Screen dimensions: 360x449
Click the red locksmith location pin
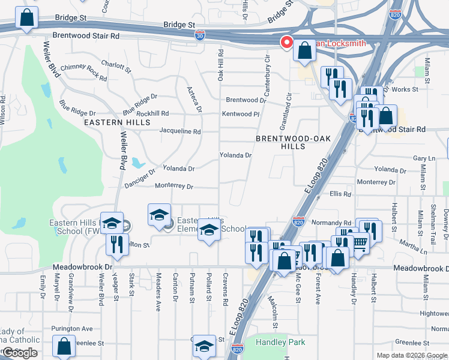click(x=287, y=43)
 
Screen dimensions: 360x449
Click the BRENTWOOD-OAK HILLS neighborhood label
click(x=285, y=142)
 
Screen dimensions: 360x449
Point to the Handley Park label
click(x=280, y=343)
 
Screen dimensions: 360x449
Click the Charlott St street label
click(x=116, y=65)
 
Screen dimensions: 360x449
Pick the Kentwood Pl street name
click(x=240, y=113)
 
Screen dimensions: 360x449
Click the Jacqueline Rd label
click(x=179, y=131)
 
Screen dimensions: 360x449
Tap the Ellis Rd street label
click(x=340, y=194)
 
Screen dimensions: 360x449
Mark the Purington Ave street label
click(x=72, y=328)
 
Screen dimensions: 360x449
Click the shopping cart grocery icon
click(x=359, y=243)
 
